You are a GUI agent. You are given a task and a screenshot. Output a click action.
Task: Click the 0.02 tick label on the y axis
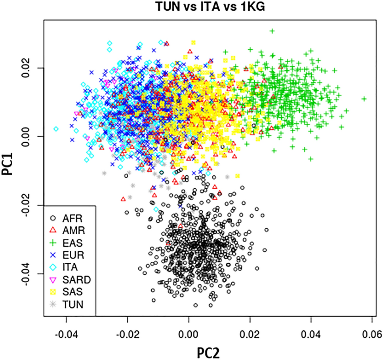[32, 68]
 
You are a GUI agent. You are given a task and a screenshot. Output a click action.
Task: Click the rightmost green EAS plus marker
[364, 99]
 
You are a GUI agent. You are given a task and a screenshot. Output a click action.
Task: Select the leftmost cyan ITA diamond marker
[56, 129]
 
